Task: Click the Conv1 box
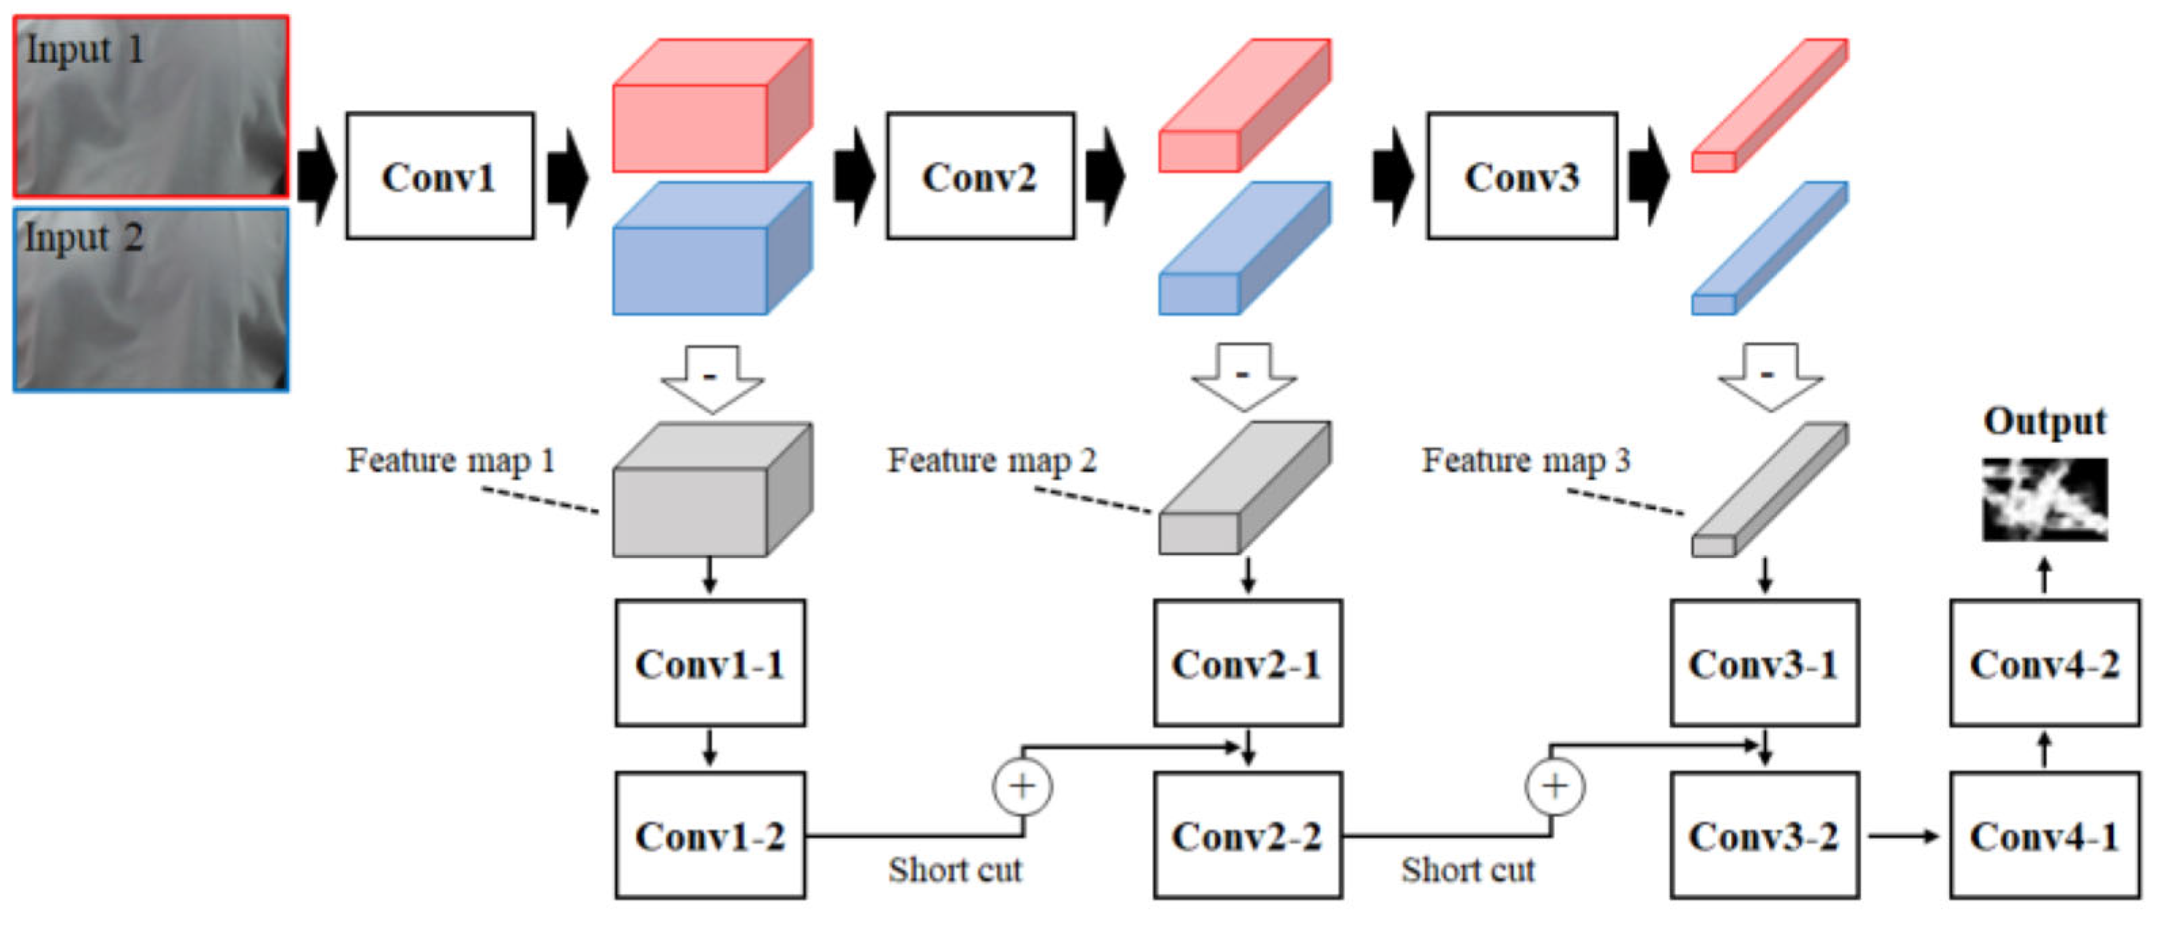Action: [x=440, y=176]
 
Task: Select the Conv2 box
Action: [x=981, y=176]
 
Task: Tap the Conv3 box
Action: [x=1522, y=176]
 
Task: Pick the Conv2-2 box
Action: [x=1247, y=835]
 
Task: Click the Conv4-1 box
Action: [x=2044, y=835]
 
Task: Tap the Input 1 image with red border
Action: [x=152, y=106]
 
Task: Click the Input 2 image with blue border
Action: [x=152, y=300]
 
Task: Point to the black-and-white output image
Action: [x=2044, y=499]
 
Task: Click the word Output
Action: [x=2044, y=421]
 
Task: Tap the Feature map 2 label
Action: [x=991, y=460]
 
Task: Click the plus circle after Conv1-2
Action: [x=1023, y=786]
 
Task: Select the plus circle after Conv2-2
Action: [x=1555, y=786]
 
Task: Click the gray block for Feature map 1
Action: [x=712, y=490]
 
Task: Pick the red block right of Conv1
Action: [x=712, y=105]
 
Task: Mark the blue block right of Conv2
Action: [x=1244, y=248]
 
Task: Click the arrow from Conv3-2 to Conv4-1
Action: [x=1903, y=835]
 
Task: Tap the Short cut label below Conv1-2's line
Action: [x=955, y=870]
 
